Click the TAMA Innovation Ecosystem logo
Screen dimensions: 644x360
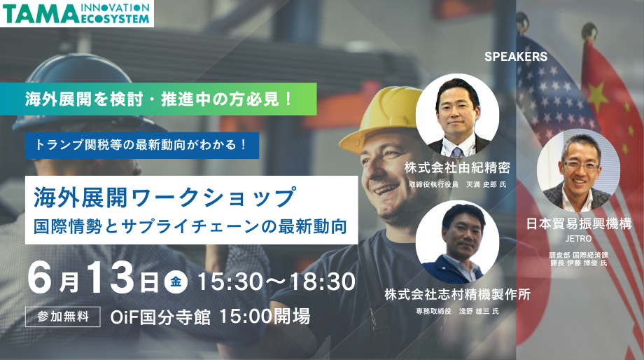tap(77, 13)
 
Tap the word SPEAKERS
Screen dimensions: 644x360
tap(516, 57)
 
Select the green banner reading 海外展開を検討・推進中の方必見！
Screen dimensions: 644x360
tap(158, 99)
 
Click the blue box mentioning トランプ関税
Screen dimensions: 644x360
tap(141, 145)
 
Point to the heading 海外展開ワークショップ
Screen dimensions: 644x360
tap(164, 198)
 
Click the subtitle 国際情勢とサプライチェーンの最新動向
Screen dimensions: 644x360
tap(190, 226)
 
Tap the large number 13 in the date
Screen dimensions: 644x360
tap(111, 277)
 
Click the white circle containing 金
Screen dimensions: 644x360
tap(176, 282)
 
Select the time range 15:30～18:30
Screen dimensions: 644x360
tap(276, 282)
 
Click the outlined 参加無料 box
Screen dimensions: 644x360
tap(63, 317)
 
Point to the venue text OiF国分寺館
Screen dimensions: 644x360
tap(160, 317)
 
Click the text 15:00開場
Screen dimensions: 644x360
tap(265, 317)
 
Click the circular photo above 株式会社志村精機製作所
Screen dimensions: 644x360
tap(457, 242)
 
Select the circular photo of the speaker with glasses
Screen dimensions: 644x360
tap(578, 171)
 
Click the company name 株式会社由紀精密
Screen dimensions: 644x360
tap(457, 167)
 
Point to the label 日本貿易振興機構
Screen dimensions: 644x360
tap(579, 224)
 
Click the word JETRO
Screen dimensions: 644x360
tap(578, 239)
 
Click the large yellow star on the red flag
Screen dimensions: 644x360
tap(598, 93)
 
